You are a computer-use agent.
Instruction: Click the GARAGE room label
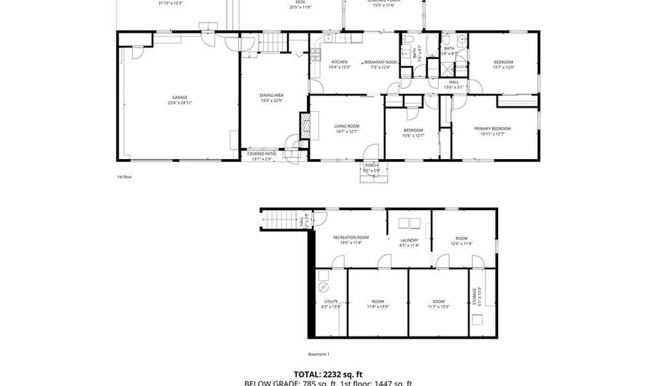click(x=180, y=97)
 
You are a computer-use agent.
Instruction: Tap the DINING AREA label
click(x=271, y=95)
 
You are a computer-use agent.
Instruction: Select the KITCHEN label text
click(x=339, y=62)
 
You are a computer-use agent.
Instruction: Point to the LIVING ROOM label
click(x=347, y=126)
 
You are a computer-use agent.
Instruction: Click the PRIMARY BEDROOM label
click(x=495, y=128)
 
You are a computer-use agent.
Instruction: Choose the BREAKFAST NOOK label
click(x=380, y=62)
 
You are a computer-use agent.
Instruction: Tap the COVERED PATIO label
click(x=261, y=153)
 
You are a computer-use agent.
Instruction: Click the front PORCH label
click(x=371, y=166)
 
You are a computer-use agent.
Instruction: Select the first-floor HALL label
click(x=453, y=82)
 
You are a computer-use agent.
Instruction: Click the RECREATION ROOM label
click(x=351, y=238)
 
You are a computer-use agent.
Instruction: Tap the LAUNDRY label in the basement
click(x=409, y=240)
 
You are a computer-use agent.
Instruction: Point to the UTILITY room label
click(x=331, y=301)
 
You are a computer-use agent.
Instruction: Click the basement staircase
click(x=277, y=217)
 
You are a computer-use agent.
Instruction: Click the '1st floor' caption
click(x=125, y=177)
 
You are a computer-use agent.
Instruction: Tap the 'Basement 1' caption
click(x=319, y=354)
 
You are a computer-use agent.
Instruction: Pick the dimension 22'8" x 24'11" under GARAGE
click(x=180, y=103)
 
